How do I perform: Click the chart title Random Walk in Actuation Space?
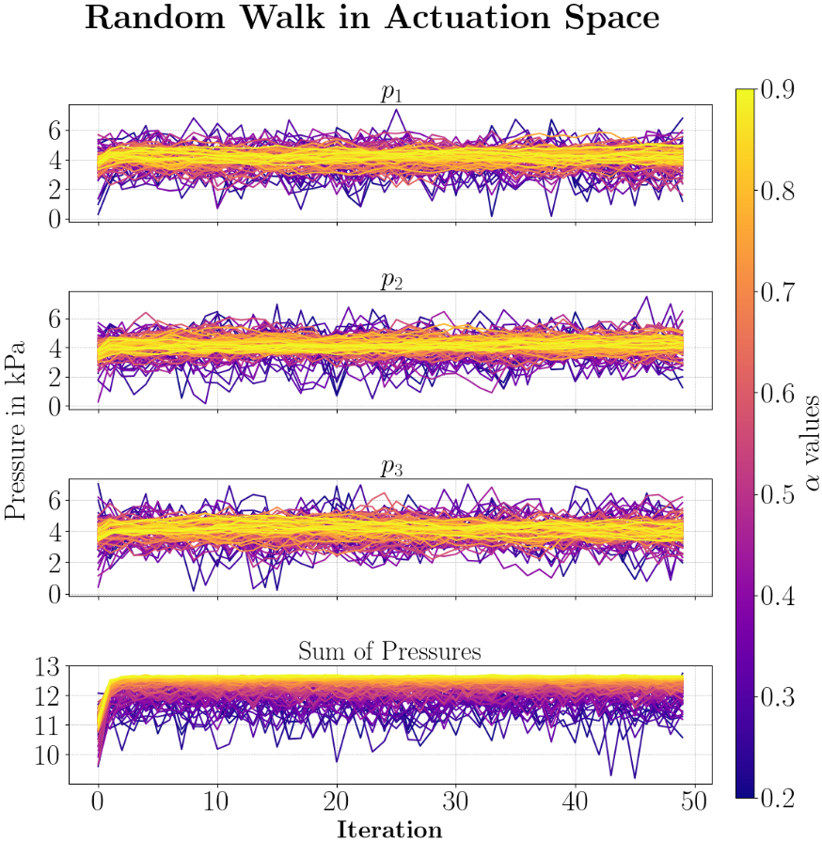[372, 20]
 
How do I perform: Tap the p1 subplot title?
[389, 93]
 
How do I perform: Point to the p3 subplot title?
[389, 467]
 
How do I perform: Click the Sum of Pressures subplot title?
[389, 650]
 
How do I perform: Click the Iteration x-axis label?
[389, 829]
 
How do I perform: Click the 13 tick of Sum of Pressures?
[45, 667]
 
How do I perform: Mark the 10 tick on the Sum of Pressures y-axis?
[45, 755]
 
